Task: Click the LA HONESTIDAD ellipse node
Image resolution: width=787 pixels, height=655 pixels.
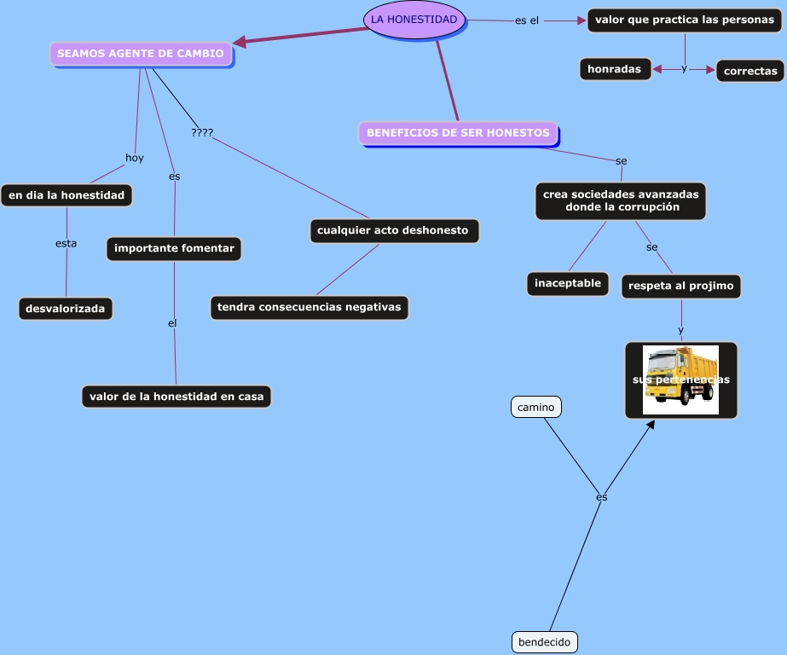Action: [414, 20]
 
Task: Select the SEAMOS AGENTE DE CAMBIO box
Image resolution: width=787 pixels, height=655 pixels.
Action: [141, 54]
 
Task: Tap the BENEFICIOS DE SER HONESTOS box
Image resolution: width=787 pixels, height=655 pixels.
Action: [458, 133]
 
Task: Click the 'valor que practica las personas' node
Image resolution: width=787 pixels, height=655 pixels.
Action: [685, 20]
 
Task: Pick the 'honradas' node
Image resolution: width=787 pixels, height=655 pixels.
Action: [615, 69]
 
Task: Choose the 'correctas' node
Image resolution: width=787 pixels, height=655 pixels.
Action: [750, 72]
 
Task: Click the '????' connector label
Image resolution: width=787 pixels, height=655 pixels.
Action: [202, 132]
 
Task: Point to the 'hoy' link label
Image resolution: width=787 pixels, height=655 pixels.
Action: [135, 158]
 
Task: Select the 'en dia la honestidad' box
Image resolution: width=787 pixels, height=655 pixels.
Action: [67, 195]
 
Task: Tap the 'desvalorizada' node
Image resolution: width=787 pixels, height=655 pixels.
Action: [66, 309]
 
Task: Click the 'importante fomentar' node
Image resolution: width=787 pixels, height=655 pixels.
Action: [174, 248]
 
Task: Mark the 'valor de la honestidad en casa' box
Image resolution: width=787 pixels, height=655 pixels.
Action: [176, 397]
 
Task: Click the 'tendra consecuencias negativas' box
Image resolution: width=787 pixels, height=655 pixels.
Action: [310, 307]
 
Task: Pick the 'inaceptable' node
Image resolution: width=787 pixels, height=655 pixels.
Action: [568, 284]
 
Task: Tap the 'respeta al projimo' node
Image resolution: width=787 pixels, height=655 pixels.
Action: [681, 286]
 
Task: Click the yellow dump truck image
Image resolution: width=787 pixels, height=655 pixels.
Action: [681, 380]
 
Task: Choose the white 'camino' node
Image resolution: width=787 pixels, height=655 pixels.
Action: [536, 407]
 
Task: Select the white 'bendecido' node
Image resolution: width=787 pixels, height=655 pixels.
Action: [545, 642]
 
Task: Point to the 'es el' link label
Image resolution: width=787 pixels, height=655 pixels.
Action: [527, 20]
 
